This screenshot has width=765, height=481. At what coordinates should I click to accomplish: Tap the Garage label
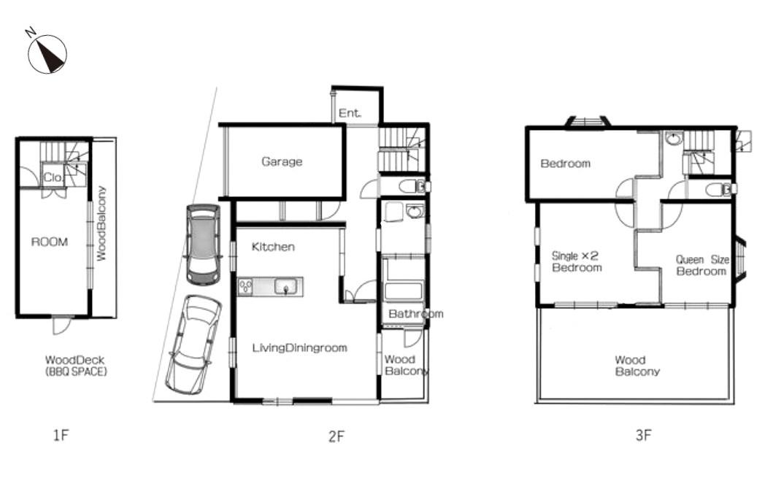282,161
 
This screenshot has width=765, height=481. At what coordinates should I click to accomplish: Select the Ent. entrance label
350,113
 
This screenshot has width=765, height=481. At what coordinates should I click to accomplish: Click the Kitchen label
273,247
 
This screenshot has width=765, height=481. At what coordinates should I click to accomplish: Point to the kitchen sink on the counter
285,286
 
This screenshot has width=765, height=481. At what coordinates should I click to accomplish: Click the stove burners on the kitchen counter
245,286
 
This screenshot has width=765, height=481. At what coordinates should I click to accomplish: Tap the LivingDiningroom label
299,348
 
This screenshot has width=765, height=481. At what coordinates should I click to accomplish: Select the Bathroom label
415,314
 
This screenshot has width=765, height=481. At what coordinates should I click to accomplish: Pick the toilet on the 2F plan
412,186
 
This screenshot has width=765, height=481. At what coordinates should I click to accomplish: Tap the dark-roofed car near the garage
203,244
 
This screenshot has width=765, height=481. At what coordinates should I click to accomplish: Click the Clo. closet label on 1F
53,177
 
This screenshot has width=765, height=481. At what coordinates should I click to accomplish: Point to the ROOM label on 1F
50,242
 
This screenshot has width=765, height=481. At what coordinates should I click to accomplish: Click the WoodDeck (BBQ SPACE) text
76,366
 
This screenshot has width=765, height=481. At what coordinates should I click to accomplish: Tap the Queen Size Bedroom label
702,266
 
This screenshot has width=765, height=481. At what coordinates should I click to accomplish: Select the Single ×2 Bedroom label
576,261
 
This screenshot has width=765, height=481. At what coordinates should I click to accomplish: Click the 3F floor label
643,435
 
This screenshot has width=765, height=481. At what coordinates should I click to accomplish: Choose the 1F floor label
61,435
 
